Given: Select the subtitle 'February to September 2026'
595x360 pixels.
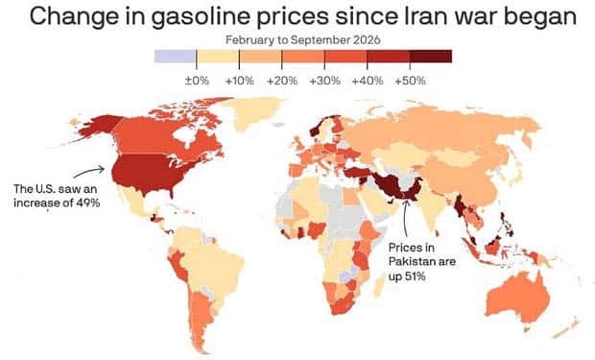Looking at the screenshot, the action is coord(303,40).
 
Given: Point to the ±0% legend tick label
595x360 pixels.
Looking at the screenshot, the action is coord(197,81).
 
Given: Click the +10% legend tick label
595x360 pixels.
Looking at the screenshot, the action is coord(239,81).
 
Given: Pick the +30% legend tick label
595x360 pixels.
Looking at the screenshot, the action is coord(324,81).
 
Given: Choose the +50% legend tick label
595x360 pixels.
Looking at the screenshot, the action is coord(410,81).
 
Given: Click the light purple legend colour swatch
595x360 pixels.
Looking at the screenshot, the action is coord(176,57).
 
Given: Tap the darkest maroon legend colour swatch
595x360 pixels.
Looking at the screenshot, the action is coord(431,57).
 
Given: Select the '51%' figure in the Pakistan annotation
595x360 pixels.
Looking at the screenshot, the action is coord(415,276).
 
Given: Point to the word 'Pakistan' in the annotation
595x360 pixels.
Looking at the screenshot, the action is coord(408,262).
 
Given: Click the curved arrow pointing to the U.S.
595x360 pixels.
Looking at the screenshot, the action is coord(87,170).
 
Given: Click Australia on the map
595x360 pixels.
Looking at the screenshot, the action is coord(518,298).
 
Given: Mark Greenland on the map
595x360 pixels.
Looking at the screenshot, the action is coord(252,112).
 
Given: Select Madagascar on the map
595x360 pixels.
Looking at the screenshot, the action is coord(379,285).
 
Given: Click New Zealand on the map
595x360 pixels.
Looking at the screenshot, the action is coord(568,327).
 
